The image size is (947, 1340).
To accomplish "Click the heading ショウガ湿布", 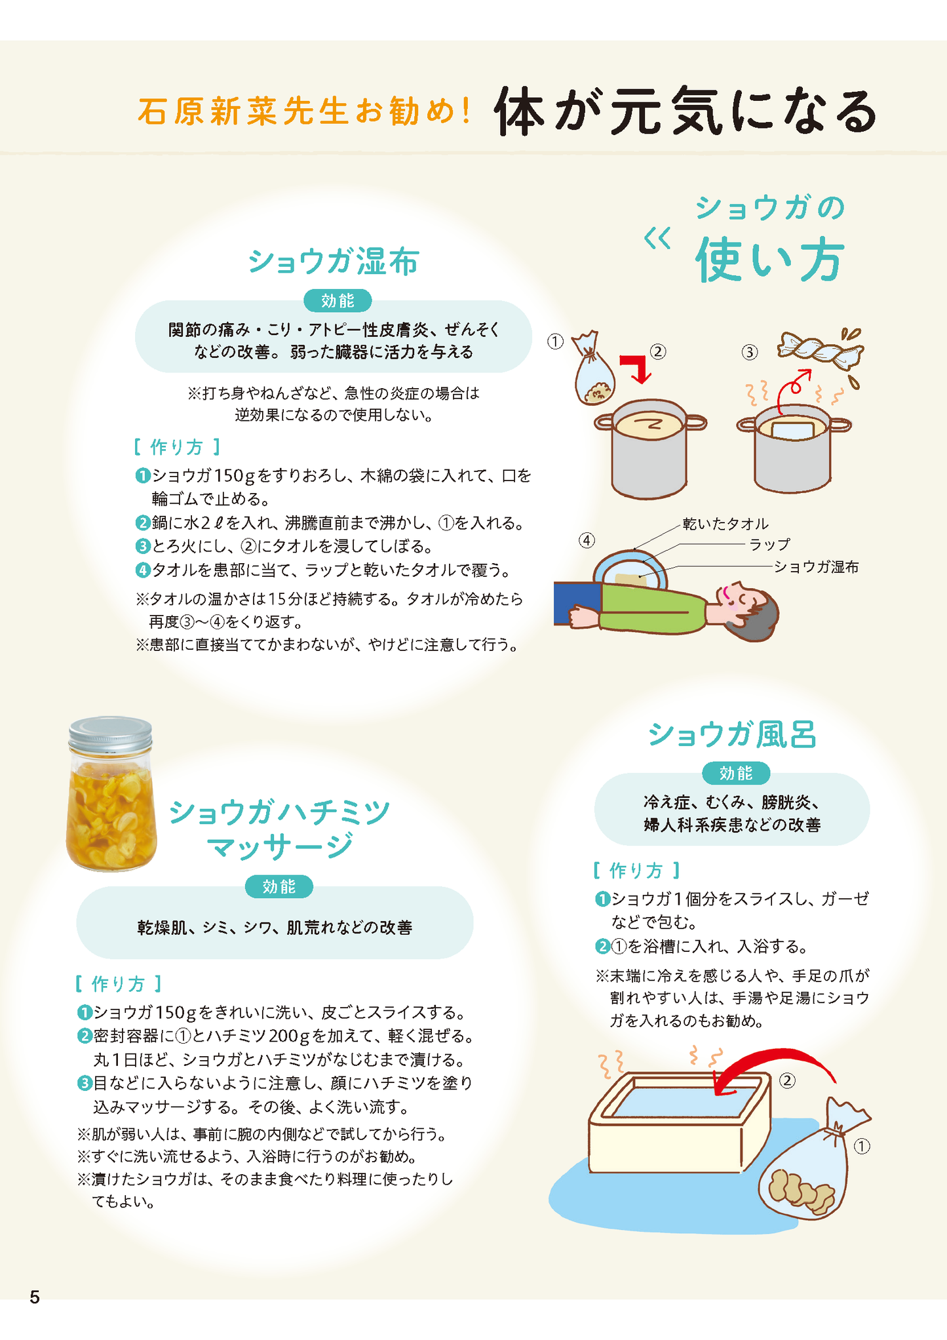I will (333, 262).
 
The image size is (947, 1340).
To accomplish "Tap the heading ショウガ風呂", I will (732, 734).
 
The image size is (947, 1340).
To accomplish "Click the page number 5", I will (35, 1297).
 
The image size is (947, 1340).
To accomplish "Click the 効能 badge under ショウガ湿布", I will (338, 301).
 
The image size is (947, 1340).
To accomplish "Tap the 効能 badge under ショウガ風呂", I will (735, 774).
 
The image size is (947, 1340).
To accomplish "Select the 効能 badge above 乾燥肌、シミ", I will (279, 887).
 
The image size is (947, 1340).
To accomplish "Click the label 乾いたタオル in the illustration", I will (725, 524).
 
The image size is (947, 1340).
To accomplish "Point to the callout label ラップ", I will (770, 545).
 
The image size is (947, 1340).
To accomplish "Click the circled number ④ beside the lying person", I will (587, 540).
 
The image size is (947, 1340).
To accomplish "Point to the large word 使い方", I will (769, 260).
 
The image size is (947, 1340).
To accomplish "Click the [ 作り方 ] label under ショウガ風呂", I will (636, 871).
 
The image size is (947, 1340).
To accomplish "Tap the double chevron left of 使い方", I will (657, 239).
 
